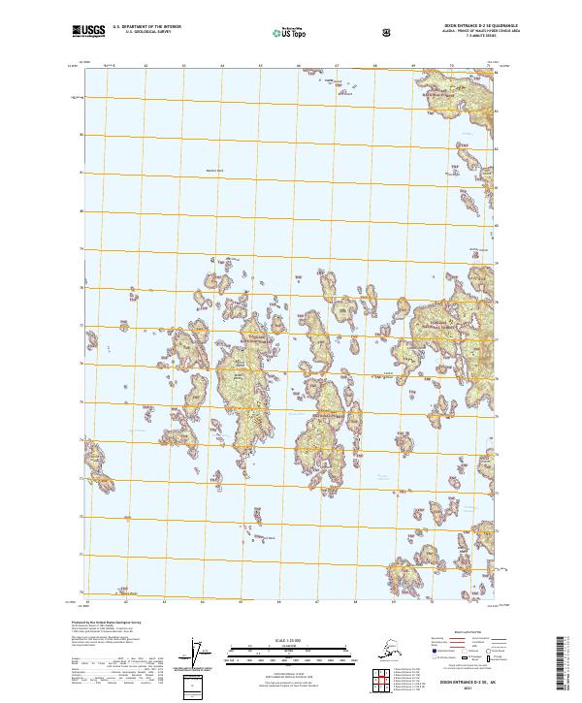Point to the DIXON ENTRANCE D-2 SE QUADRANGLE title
pos(439,28)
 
